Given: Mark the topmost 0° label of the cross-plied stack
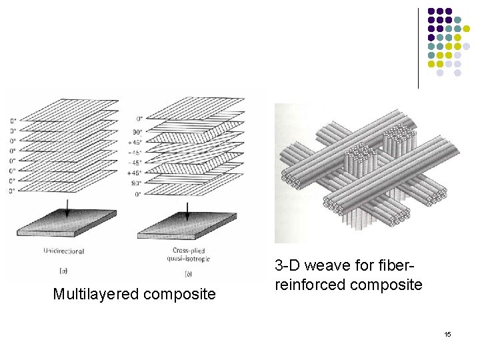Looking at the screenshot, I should (x=137, y=121).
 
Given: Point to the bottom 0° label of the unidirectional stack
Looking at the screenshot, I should (x=13, y=191).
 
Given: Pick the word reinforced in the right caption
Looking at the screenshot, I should (x=307, y=285).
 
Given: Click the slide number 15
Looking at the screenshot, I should (x=447, y=333).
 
